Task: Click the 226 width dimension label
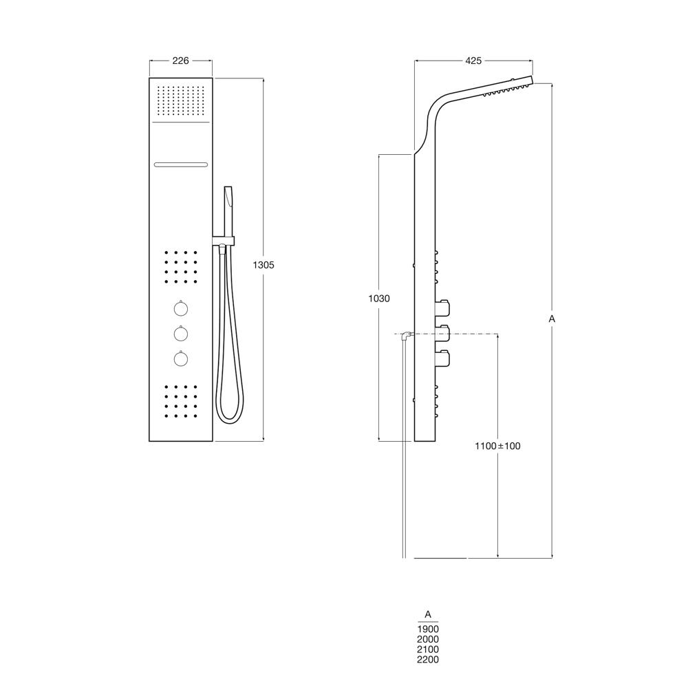coord(180,61)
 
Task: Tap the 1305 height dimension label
coord(264,265)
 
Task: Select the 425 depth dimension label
coord(473,61)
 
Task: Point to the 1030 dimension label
coord(378,299)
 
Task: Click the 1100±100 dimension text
coord(497,447)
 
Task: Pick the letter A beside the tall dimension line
coord(552,319)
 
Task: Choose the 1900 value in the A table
coord(428,630)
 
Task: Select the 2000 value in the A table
coord(428,639)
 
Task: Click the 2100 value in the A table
coord(428,649)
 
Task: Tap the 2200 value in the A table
coord(428,660)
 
